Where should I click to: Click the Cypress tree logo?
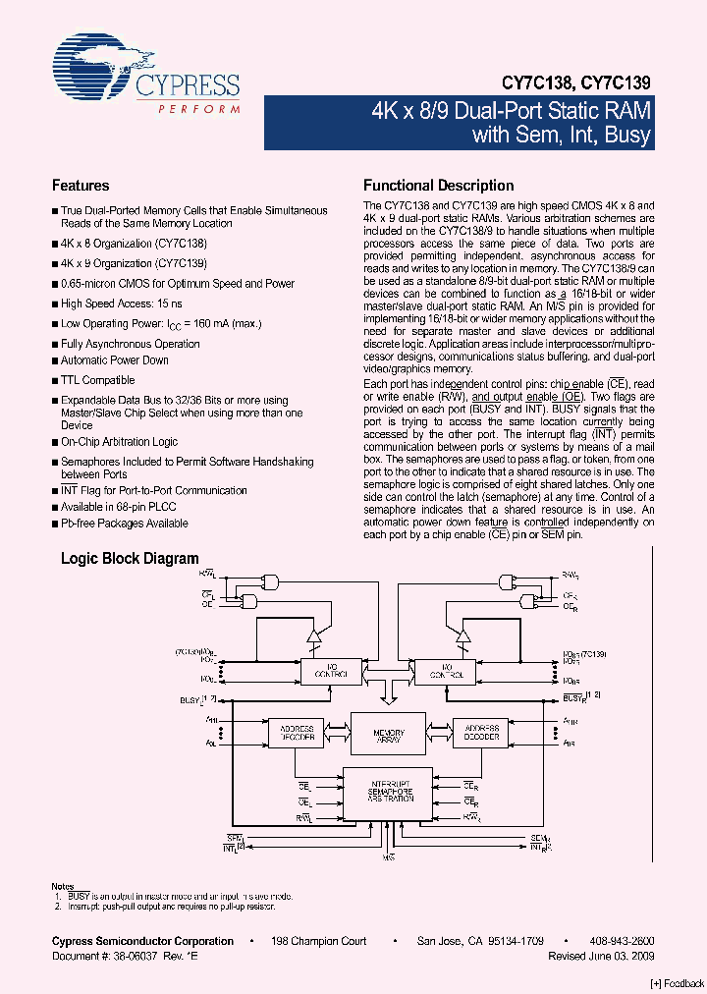click(x=94, y=68)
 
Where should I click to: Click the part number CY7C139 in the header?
click(x=615, y=84)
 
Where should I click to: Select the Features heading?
click(x=81, y=186)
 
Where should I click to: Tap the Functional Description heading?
click(x=438, y=186)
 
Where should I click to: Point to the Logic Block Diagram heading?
click(x=130, y=558)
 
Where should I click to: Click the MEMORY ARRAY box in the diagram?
click(x=388, y=734)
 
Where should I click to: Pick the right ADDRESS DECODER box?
click(x=481, y=733)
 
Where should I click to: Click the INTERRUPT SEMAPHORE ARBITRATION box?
click(x=388, y=790)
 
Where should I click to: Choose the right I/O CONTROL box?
click(x=444, y=671)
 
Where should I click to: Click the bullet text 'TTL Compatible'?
click(x=97, y=379)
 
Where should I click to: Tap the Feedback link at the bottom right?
click(x=678, y=983)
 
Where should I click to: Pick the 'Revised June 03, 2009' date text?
click(x=601, y=955)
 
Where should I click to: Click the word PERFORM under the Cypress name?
click(x=199, y=107)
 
